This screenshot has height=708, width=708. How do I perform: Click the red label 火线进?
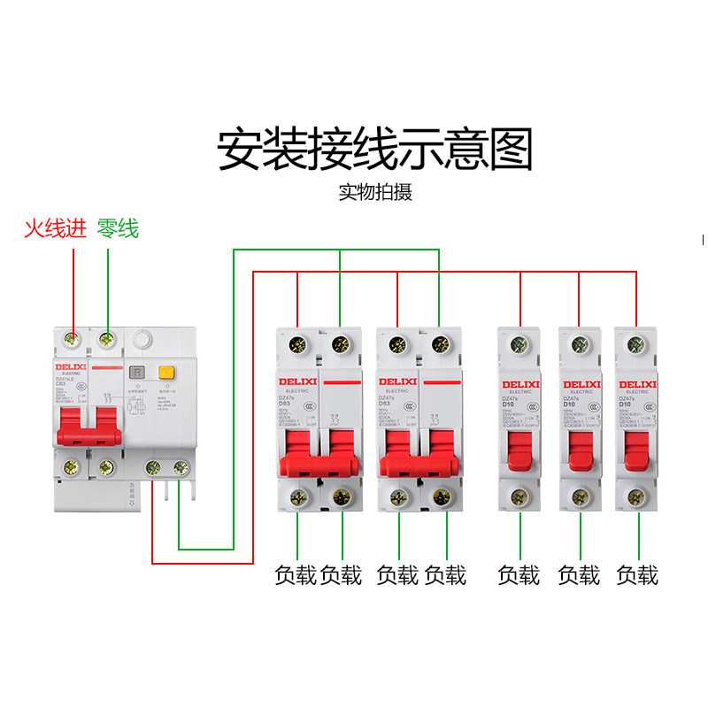[55, 229]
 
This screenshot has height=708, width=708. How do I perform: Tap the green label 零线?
[118, 229]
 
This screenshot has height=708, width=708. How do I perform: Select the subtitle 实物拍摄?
[375, 192]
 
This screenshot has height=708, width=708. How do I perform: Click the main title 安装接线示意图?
[375, 150]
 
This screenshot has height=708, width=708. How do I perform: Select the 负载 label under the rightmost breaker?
[637, 575]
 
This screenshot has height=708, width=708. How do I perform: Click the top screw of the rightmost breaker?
[636, 342]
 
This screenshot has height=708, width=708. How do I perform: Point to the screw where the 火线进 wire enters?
[73, 337]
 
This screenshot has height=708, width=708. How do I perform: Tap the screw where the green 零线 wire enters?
[107, 337]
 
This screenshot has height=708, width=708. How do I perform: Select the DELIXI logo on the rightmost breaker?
[637, 384]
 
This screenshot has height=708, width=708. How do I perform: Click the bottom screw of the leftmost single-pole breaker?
[519, 496]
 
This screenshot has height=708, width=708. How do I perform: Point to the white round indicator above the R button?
[142, 338]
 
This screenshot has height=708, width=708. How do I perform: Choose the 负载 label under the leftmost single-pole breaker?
[519, 575]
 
